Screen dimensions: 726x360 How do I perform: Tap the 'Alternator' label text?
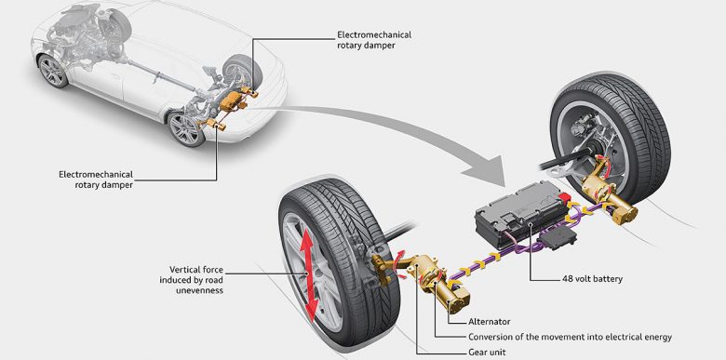click(x=490, y=322)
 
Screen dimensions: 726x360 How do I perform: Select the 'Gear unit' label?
click(x=488, y=353)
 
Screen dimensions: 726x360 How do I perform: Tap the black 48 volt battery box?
click(x=522, y=213)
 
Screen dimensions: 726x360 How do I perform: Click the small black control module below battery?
click(x=558, y=237)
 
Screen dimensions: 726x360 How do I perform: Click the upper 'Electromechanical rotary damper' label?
click(x=374, y=40)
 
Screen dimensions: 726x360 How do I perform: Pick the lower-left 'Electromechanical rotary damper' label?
click(x=96, y=180)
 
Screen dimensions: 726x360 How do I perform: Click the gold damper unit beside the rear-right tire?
click(x=609, y=195)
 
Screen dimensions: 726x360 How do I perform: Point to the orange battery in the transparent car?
click(x=232, y=100)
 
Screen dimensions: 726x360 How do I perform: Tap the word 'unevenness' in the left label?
click(x=199, y=290)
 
